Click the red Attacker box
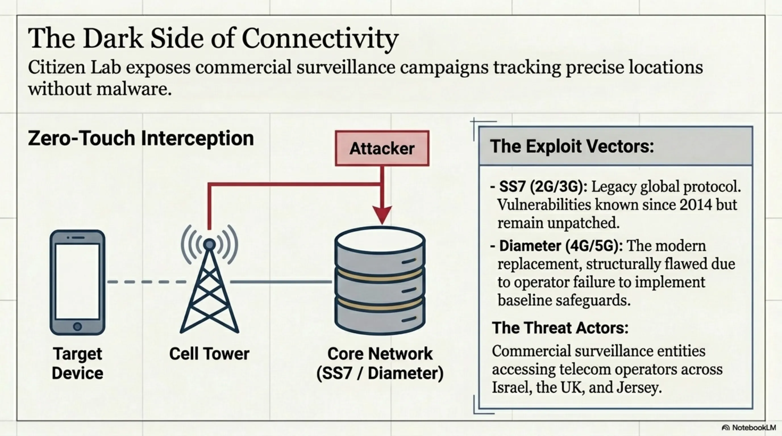point(382,148)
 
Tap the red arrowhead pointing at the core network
point(382,215)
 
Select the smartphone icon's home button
point(77,326)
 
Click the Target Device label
point(77,363)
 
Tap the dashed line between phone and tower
point(147,282)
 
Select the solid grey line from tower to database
point(281,282)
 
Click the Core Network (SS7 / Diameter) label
point(380,363)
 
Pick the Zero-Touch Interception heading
point(141,138)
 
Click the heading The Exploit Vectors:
point(572,146)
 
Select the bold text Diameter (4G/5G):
point(561,246)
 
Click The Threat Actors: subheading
point(560,328)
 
